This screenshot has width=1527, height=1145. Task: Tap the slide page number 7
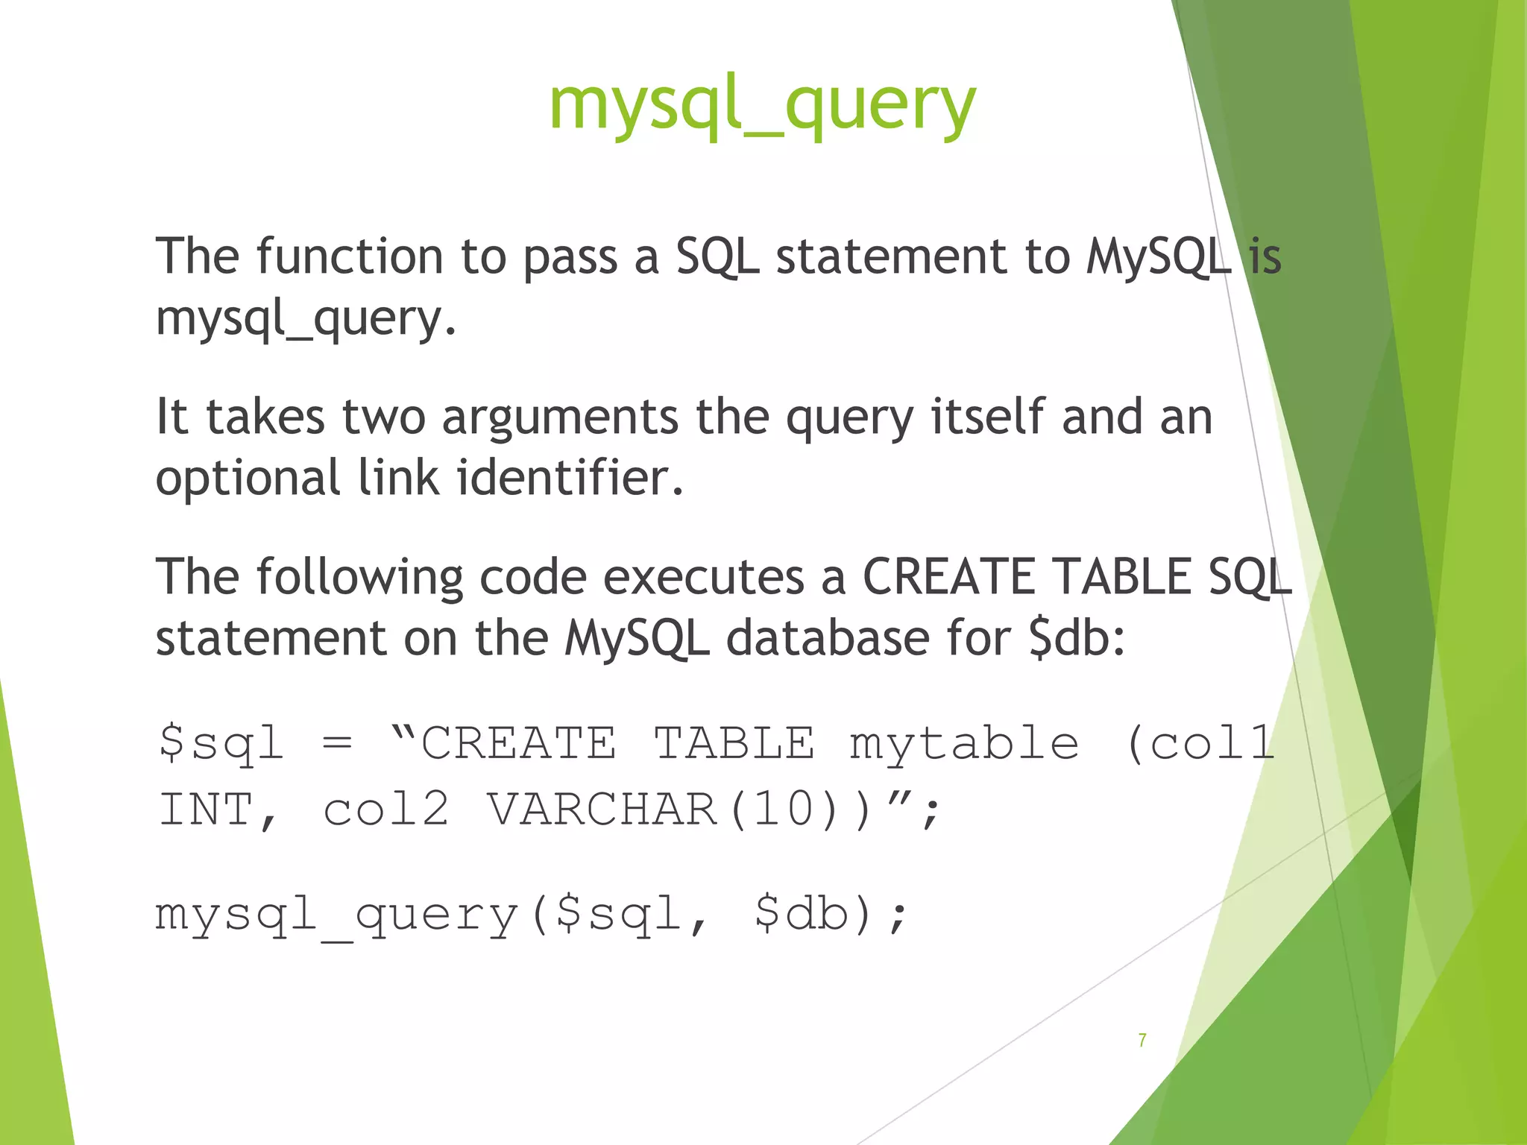(x=1142, y=1040)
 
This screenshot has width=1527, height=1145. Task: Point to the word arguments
(x=560, y=417)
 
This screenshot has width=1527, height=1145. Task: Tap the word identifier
(x=570, y=478)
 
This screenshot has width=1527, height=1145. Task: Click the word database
(x=827, y=639)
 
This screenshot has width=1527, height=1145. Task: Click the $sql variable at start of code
(x=221, y=743)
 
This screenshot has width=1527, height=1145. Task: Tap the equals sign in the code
(x=337, y=743)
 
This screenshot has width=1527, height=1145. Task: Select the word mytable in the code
(x=964, y=743)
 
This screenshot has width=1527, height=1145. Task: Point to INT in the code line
(x=207, y=810)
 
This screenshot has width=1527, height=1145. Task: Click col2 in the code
(x=386, y=810)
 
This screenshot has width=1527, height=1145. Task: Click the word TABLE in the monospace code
(x=734, y=743)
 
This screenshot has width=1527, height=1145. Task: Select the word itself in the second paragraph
(x=988, y=417)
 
